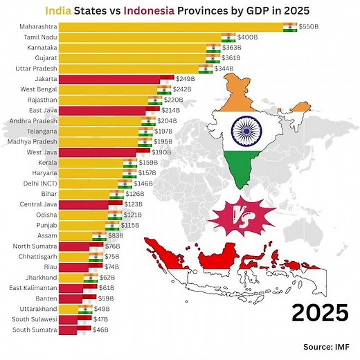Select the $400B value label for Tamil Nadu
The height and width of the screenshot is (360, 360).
[x=249, y=37]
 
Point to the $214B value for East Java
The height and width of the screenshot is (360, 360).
[x=170, y=109]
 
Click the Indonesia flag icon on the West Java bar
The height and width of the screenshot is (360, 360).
[x=143, y=151]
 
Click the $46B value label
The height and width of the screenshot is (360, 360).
[x=101, y=330]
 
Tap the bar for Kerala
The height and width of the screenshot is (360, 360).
[x=90, y=163]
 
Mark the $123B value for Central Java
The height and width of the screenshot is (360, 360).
[x=133, y=204]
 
